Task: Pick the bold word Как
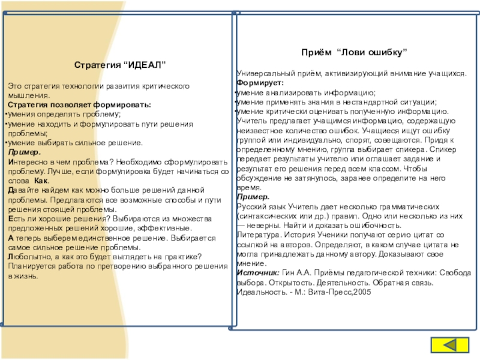point(41,181)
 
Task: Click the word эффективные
point(169,228)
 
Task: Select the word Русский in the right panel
point(252,205)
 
